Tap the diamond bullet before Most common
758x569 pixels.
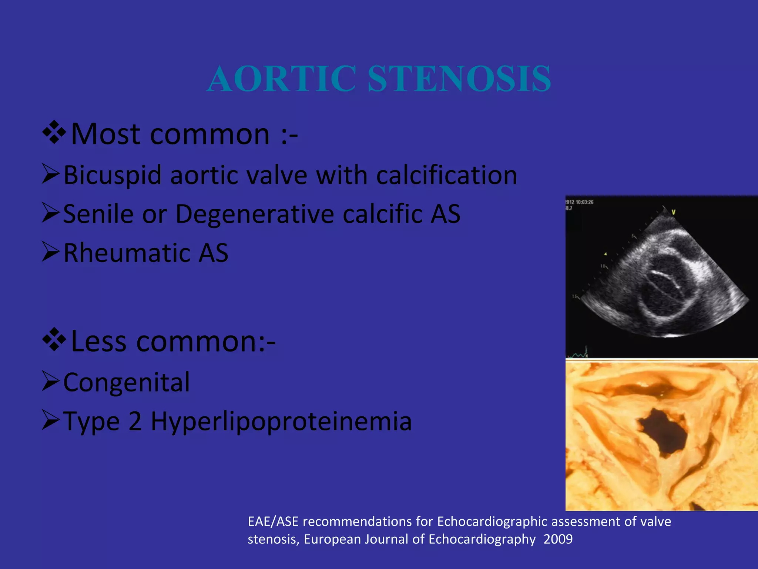pos(54,132)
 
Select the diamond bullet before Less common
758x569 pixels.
pos(54,339)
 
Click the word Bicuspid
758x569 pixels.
pos(113,175)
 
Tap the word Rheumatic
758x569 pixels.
pos(126,253)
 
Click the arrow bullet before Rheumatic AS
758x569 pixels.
pos(50,252)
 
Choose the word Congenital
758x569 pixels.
pos(126,382)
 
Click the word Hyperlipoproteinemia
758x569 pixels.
pos(281,422)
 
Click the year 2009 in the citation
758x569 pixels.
pos(558,539)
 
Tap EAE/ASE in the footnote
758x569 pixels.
pos(273,522)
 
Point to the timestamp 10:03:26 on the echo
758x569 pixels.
pos(584,202)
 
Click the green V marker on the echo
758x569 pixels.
pos(673,212)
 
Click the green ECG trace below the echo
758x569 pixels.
pos(580,354)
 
